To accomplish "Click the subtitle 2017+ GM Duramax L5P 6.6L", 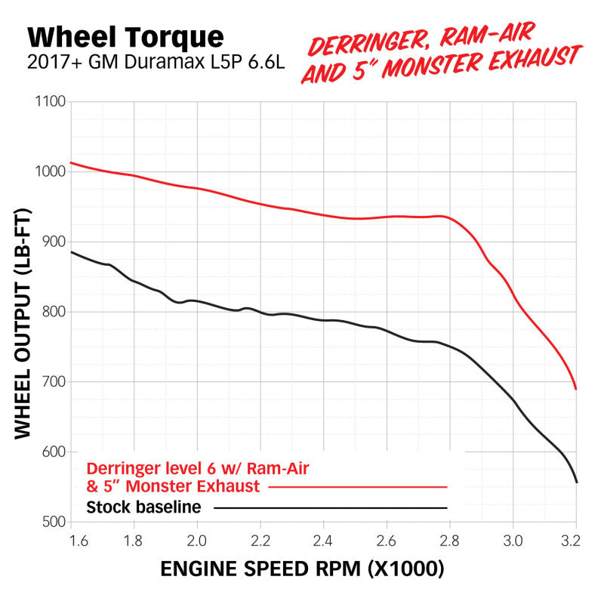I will tap(156, 63).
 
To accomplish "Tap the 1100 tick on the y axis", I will tap(49, 102).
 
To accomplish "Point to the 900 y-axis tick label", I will tap(52, 242).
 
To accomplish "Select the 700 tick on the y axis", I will tap(52, 382).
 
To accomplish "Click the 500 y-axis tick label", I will tap(52, 522).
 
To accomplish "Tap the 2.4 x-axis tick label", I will tap(323, 541).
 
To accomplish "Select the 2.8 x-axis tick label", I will tap(449, 541).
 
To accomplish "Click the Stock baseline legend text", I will tap(143, 507).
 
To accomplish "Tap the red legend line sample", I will tap(358, 487).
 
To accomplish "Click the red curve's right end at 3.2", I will tap(576, 389).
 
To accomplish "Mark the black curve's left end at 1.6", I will tap(72, 252).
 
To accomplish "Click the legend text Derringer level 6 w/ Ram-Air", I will tap(199, 468).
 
